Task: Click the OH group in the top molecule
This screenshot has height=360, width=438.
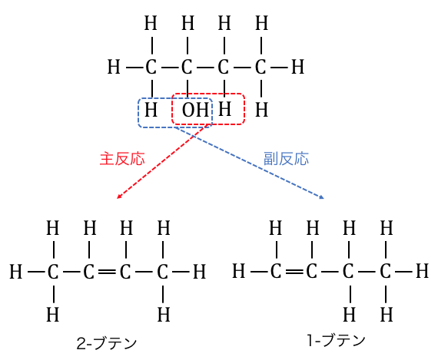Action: (x=195, y=110)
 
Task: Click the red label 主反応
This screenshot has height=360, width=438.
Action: (x=122, y=159)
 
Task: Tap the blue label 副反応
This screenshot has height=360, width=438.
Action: (x=286, y=159)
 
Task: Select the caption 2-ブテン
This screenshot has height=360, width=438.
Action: (x=107, y=343)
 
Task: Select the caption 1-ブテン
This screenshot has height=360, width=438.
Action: (x=336, y=340)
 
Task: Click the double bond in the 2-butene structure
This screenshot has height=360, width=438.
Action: (x=107, y=271)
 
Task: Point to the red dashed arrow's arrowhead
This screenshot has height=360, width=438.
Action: (x=118, y=197)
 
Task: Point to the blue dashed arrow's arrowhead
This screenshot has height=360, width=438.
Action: (x=321, y=197)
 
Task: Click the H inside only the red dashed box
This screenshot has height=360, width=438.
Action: (x=224, y=109)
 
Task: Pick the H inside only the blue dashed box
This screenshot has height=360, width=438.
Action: (x=151, y=110)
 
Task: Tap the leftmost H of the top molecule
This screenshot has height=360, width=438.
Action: (x=114, y=68)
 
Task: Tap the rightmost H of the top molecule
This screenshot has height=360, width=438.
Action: (x=297, y=68)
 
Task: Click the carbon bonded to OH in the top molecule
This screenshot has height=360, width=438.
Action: (x=187, y=68)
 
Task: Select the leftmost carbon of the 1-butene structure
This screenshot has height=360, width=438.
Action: (x=276, y=271)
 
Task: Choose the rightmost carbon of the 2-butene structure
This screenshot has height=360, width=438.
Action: (x=163, y=272)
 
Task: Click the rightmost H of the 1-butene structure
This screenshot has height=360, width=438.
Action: (x=422, y=271)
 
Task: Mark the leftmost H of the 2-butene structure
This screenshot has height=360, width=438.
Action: (x=15, y=272)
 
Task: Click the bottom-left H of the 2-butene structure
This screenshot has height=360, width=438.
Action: (x=53, y=315)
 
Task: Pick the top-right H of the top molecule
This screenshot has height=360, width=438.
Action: (x=262, y=23)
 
